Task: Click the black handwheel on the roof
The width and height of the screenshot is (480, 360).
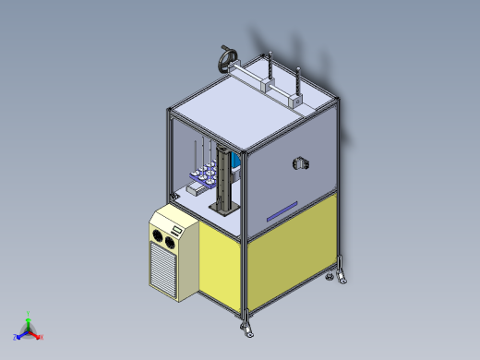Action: point(225,60)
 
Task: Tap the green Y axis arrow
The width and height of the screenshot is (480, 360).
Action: point(29,317)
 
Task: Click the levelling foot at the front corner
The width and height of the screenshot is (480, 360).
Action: point(247,326)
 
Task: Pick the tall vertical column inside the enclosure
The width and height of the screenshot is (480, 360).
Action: point(224,175)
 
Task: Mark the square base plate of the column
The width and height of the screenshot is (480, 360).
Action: point(223,209)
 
